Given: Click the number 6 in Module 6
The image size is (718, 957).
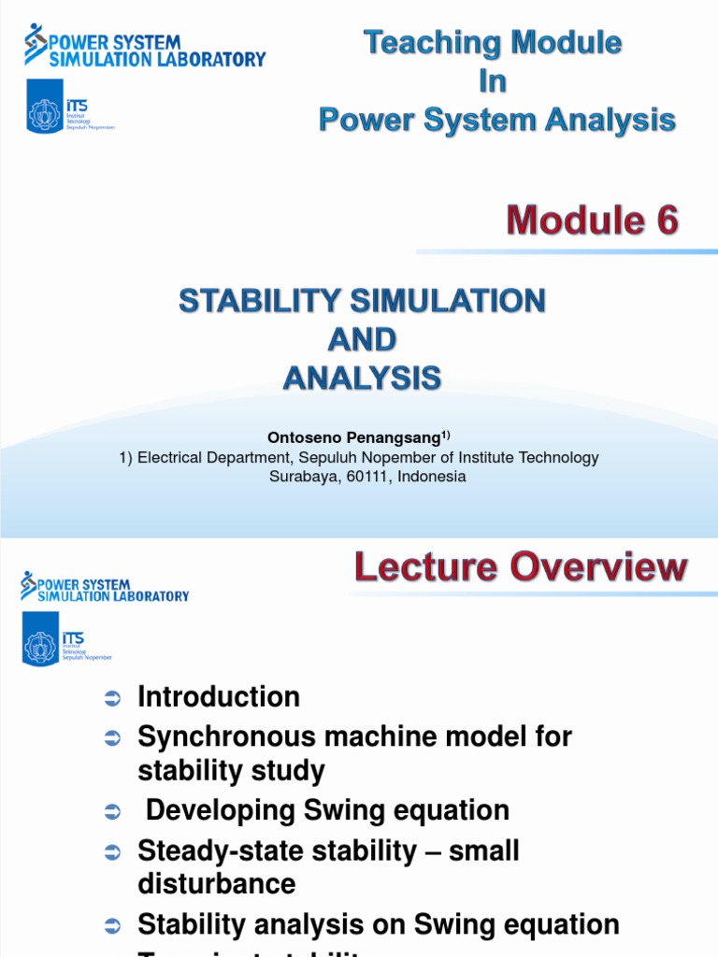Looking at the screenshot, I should click(662, 222).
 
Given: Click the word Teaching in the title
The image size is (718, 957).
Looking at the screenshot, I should click(425, 43).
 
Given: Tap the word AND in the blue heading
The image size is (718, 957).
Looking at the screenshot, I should click(363, 339).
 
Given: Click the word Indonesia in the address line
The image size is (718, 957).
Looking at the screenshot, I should click(431, 476).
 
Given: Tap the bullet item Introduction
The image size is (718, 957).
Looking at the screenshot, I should click(219, 697).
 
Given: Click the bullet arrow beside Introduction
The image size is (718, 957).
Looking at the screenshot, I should click(112, 699).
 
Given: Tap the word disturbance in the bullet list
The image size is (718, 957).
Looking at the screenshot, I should click(217, 884).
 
